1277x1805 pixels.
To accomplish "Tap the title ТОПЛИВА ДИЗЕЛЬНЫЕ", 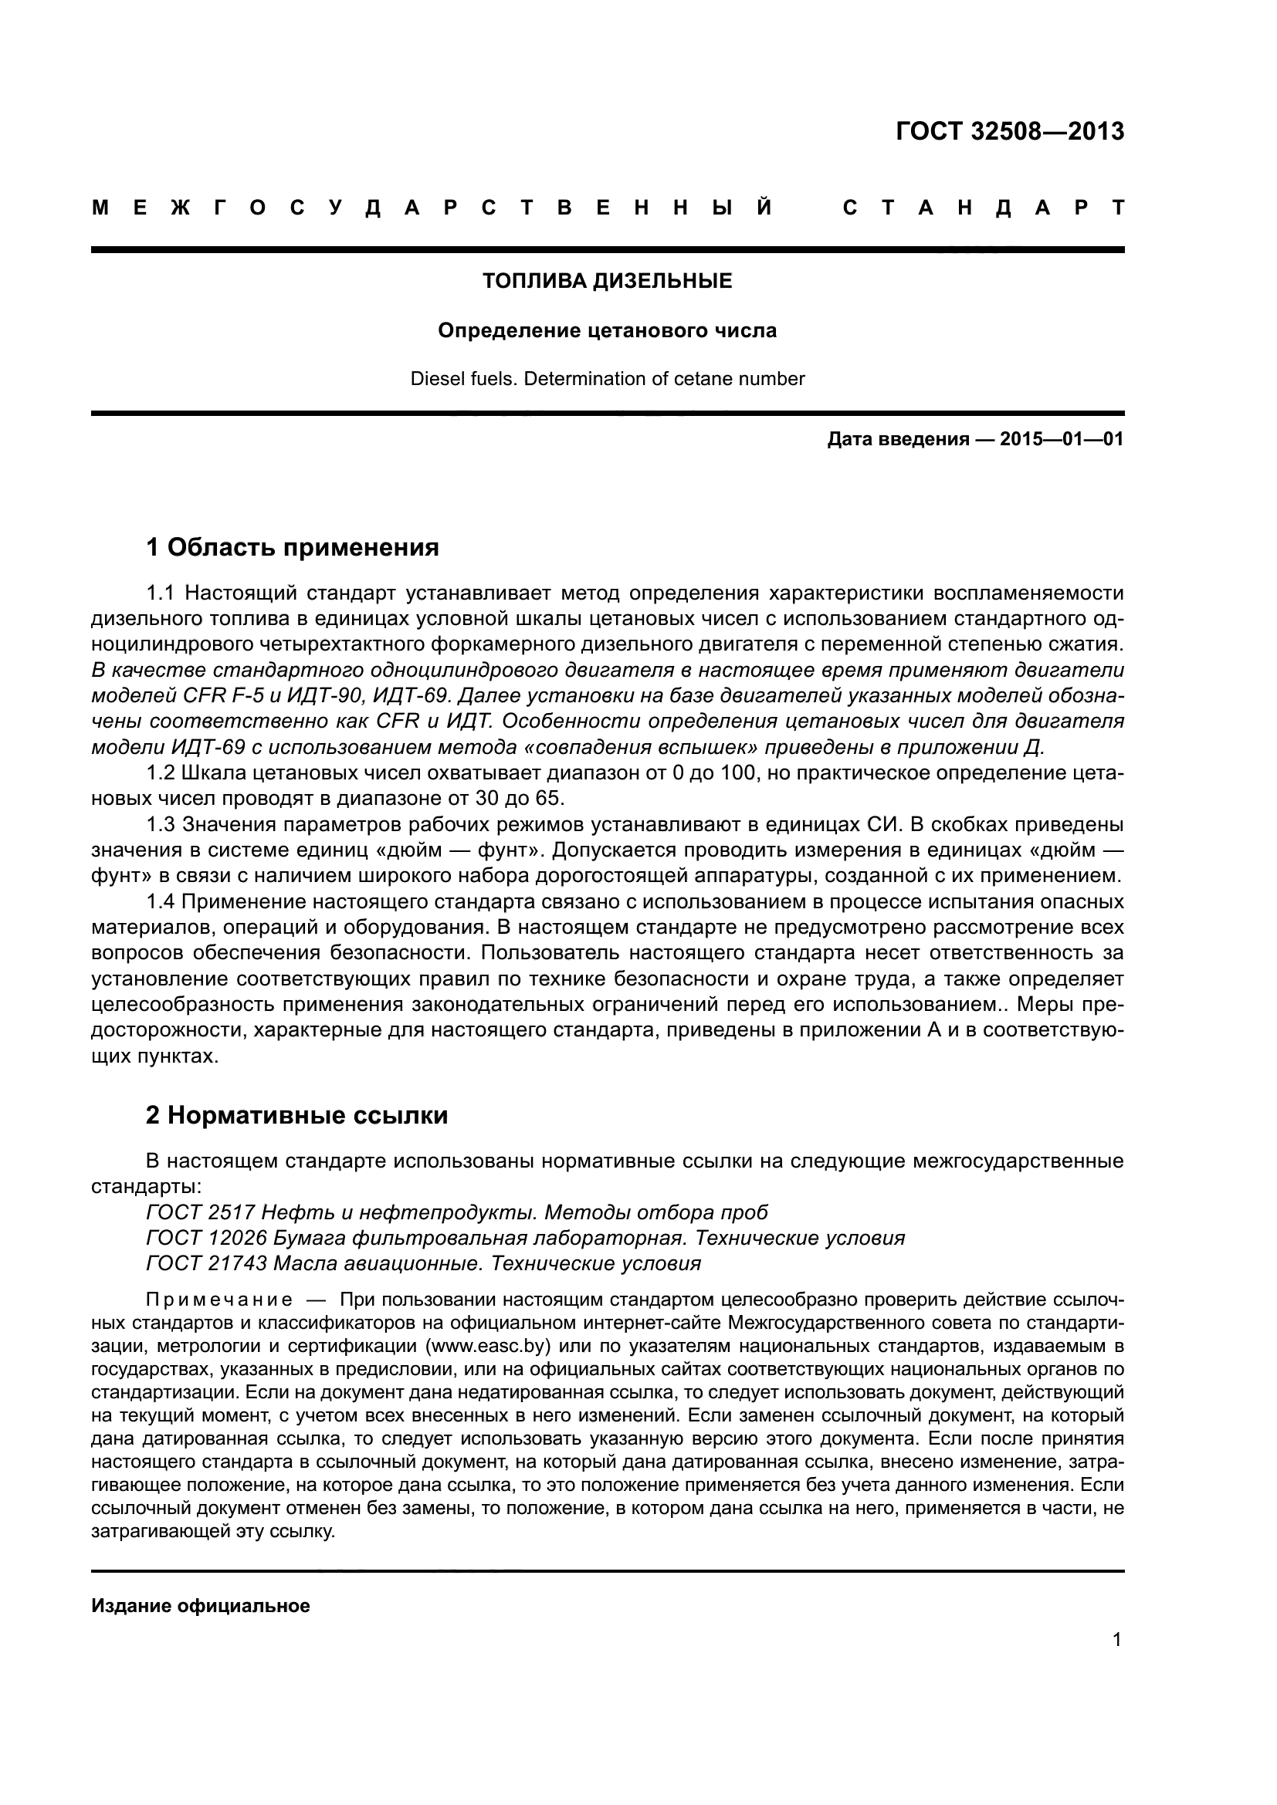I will (x=607, y=281).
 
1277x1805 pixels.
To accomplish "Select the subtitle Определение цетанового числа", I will (x=607, y=330).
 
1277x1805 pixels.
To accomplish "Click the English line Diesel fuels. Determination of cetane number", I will (x=607, y=379).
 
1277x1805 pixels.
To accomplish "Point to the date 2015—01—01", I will (x=1062, y=439).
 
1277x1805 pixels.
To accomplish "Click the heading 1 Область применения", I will (x=293, y=547).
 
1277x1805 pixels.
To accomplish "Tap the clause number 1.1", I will (x=164, y=593).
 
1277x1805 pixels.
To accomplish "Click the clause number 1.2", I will (x=164, y=772).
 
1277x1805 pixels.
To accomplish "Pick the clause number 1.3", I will (x=164, y=824).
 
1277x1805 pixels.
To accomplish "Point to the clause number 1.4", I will (x=164, y=901).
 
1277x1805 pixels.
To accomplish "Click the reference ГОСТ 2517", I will (x=201, y=1212).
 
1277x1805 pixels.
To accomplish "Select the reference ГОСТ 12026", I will (x=207, y=1238).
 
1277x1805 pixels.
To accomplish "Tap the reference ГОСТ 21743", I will (x=207, y=1263).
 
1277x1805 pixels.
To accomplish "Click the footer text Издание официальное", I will (x=201, y=1606).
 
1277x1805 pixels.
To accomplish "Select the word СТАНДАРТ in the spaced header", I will (x=983, y=208).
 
